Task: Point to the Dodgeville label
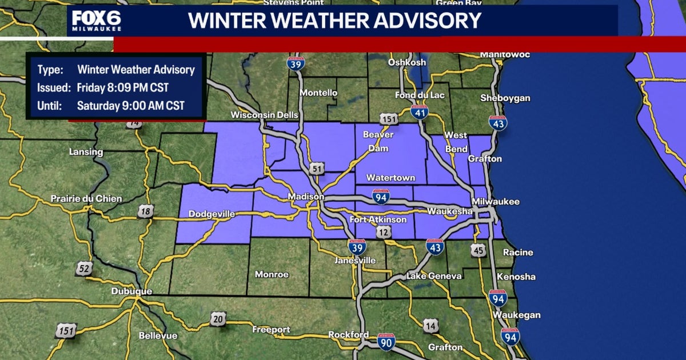tap(212, 214)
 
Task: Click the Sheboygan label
tap(505, 98)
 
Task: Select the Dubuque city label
tap(132, 291)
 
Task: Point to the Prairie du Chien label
tap(86, 199)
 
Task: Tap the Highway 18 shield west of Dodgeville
tap(145, 212)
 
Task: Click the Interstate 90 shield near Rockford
tap(386, 341)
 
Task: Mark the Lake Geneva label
tap(434, 277)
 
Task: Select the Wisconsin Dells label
tap(264, 115)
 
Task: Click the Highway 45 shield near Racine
tap(478, 250)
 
